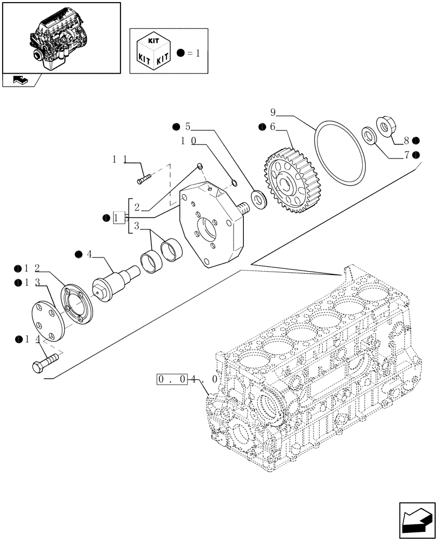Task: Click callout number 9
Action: [273, 113]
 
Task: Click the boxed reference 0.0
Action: [171, 379]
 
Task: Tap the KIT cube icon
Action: [153, 50]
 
